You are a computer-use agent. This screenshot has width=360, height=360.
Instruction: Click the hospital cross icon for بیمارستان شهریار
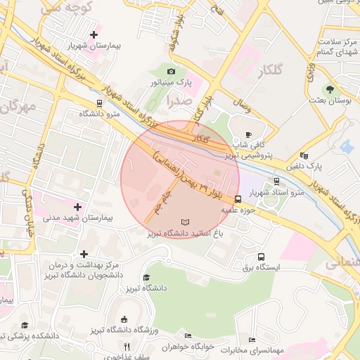94,34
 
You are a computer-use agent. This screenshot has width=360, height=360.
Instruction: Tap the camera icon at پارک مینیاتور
171,71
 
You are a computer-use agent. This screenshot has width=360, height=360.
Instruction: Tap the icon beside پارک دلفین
304,155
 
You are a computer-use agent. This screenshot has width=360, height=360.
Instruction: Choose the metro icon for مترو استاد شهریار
276,180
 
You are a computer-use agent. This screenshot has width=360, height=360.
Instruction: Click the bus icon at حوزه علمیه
238,198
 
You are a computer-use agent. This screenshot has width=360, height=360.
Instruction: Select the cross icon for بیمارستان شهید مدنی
77,207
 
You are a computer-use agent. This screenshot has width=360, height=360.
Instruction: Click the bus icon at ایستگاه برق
262,257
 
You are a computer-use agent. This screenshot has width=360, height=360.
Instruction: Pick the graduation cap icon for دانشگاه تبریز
146,277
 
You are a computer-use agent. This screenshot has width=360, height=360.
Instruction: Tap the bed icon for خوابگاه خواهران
186,336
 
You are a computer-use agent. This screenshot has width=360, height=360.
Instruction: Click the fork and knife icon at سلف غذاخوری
127,347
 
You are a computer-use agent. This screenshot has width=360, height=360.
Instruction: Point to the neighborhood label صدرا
176,101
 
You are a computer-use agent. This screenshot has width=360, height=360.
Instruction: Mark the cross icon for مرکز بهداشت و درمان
84,254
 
